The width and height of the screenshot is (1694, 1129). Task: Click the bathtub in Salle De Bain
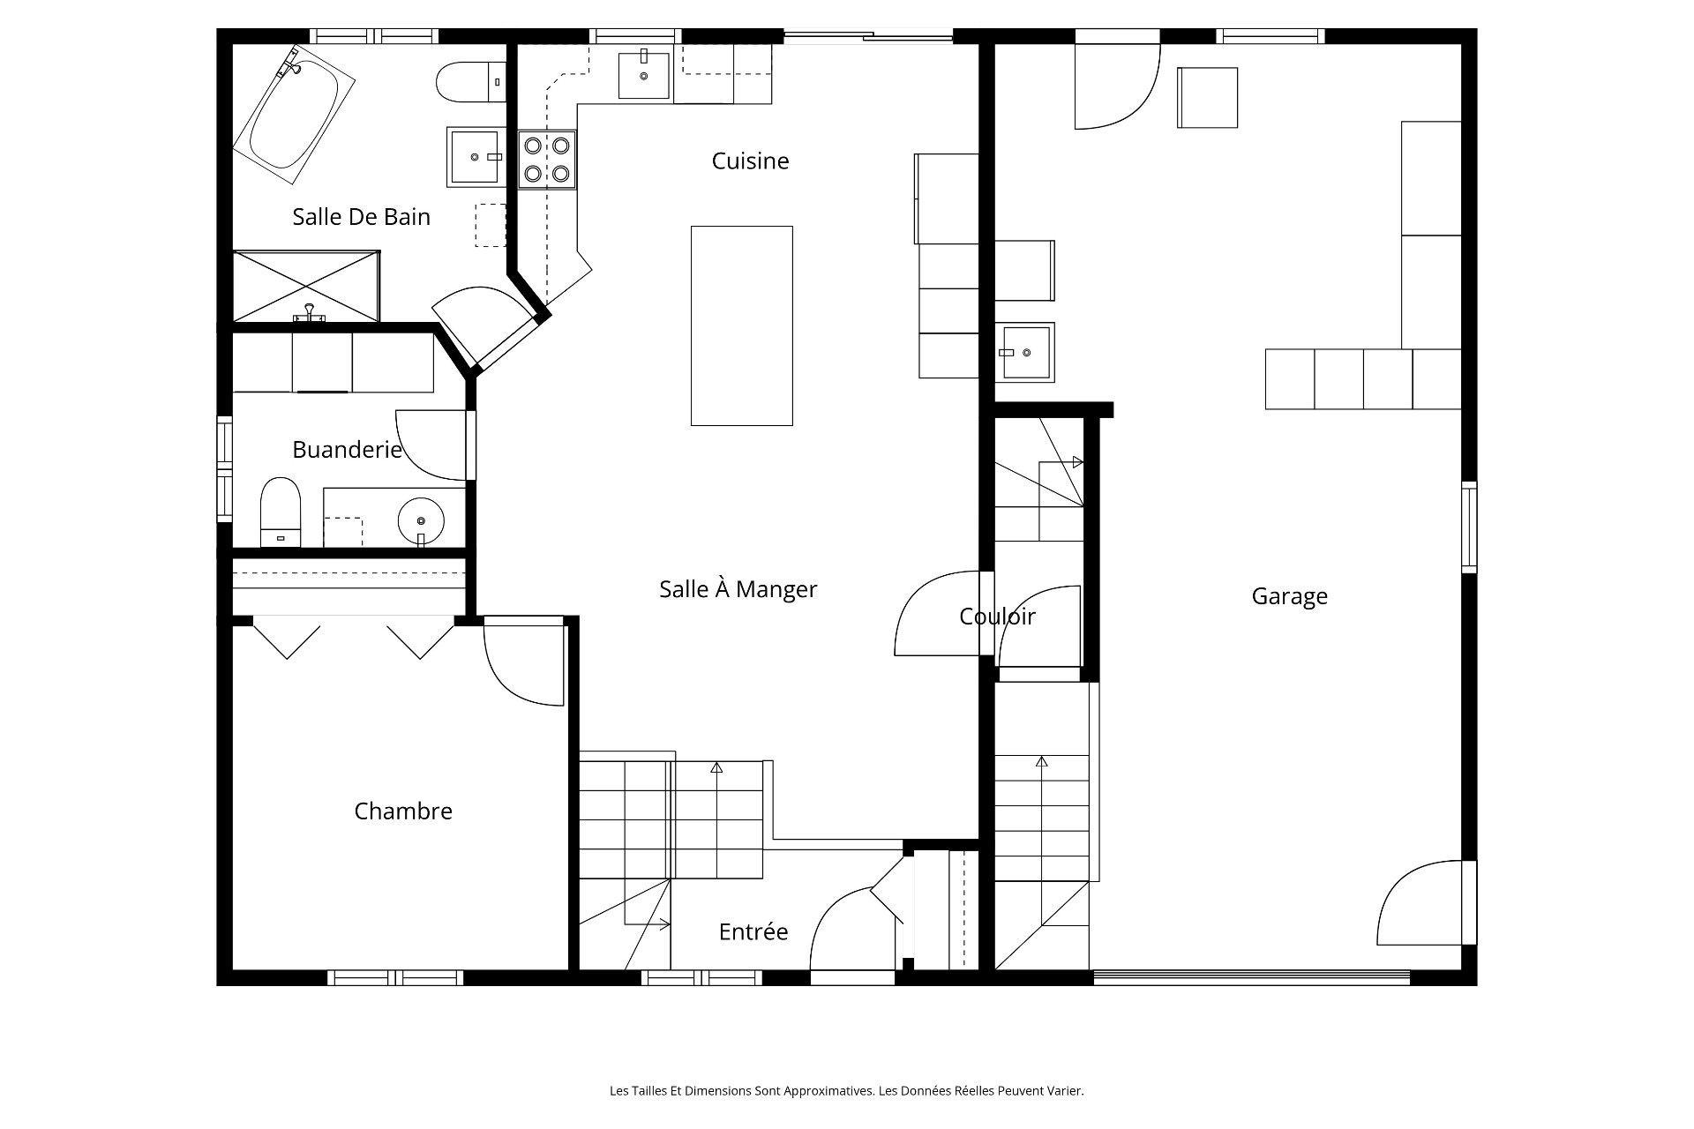coord(294,116)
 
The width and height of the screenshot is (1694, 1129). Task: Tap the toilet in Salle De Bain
coord(471,82)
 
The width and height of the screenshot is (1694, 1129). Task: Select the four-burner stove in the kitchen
coord(547,160)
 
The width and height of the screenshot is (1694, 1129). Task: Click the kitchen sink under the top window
coord(643,75)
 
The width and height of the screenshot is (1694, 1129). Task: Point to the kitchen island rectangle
coord(741,325)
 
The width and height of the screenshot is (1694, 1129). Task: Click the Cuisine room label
coord(750,161)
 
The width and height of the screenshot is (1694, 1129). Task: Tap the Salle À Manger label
coord(738,588)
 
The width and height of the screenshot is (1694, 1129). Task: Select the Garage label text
coord(1289,596)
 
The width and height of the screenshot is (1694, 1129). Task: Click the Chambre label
coord(403,811)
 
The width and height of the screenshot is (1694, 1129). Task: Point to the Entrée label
coord(753,931)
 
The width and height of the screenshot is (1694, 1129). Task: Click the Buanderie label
coord(347,450)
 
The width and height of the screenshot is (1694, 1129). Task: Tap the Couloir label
coord(997,617)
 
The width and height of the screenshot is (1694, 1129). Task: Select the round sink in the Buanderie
coord(421,521)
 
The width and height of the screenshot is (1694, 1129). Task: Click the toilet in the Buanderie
coord(281,512)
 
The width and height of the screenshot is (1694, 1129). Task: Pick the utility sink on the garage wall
coord(1025,352)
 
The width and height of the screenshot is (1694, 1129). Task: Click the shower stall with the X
coord(306,287)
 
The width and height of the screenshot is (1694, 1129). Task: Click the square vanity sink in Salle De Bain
coord(476,156)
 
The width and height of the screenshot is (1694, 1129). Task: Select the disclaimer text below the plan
coord(847,1091)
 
